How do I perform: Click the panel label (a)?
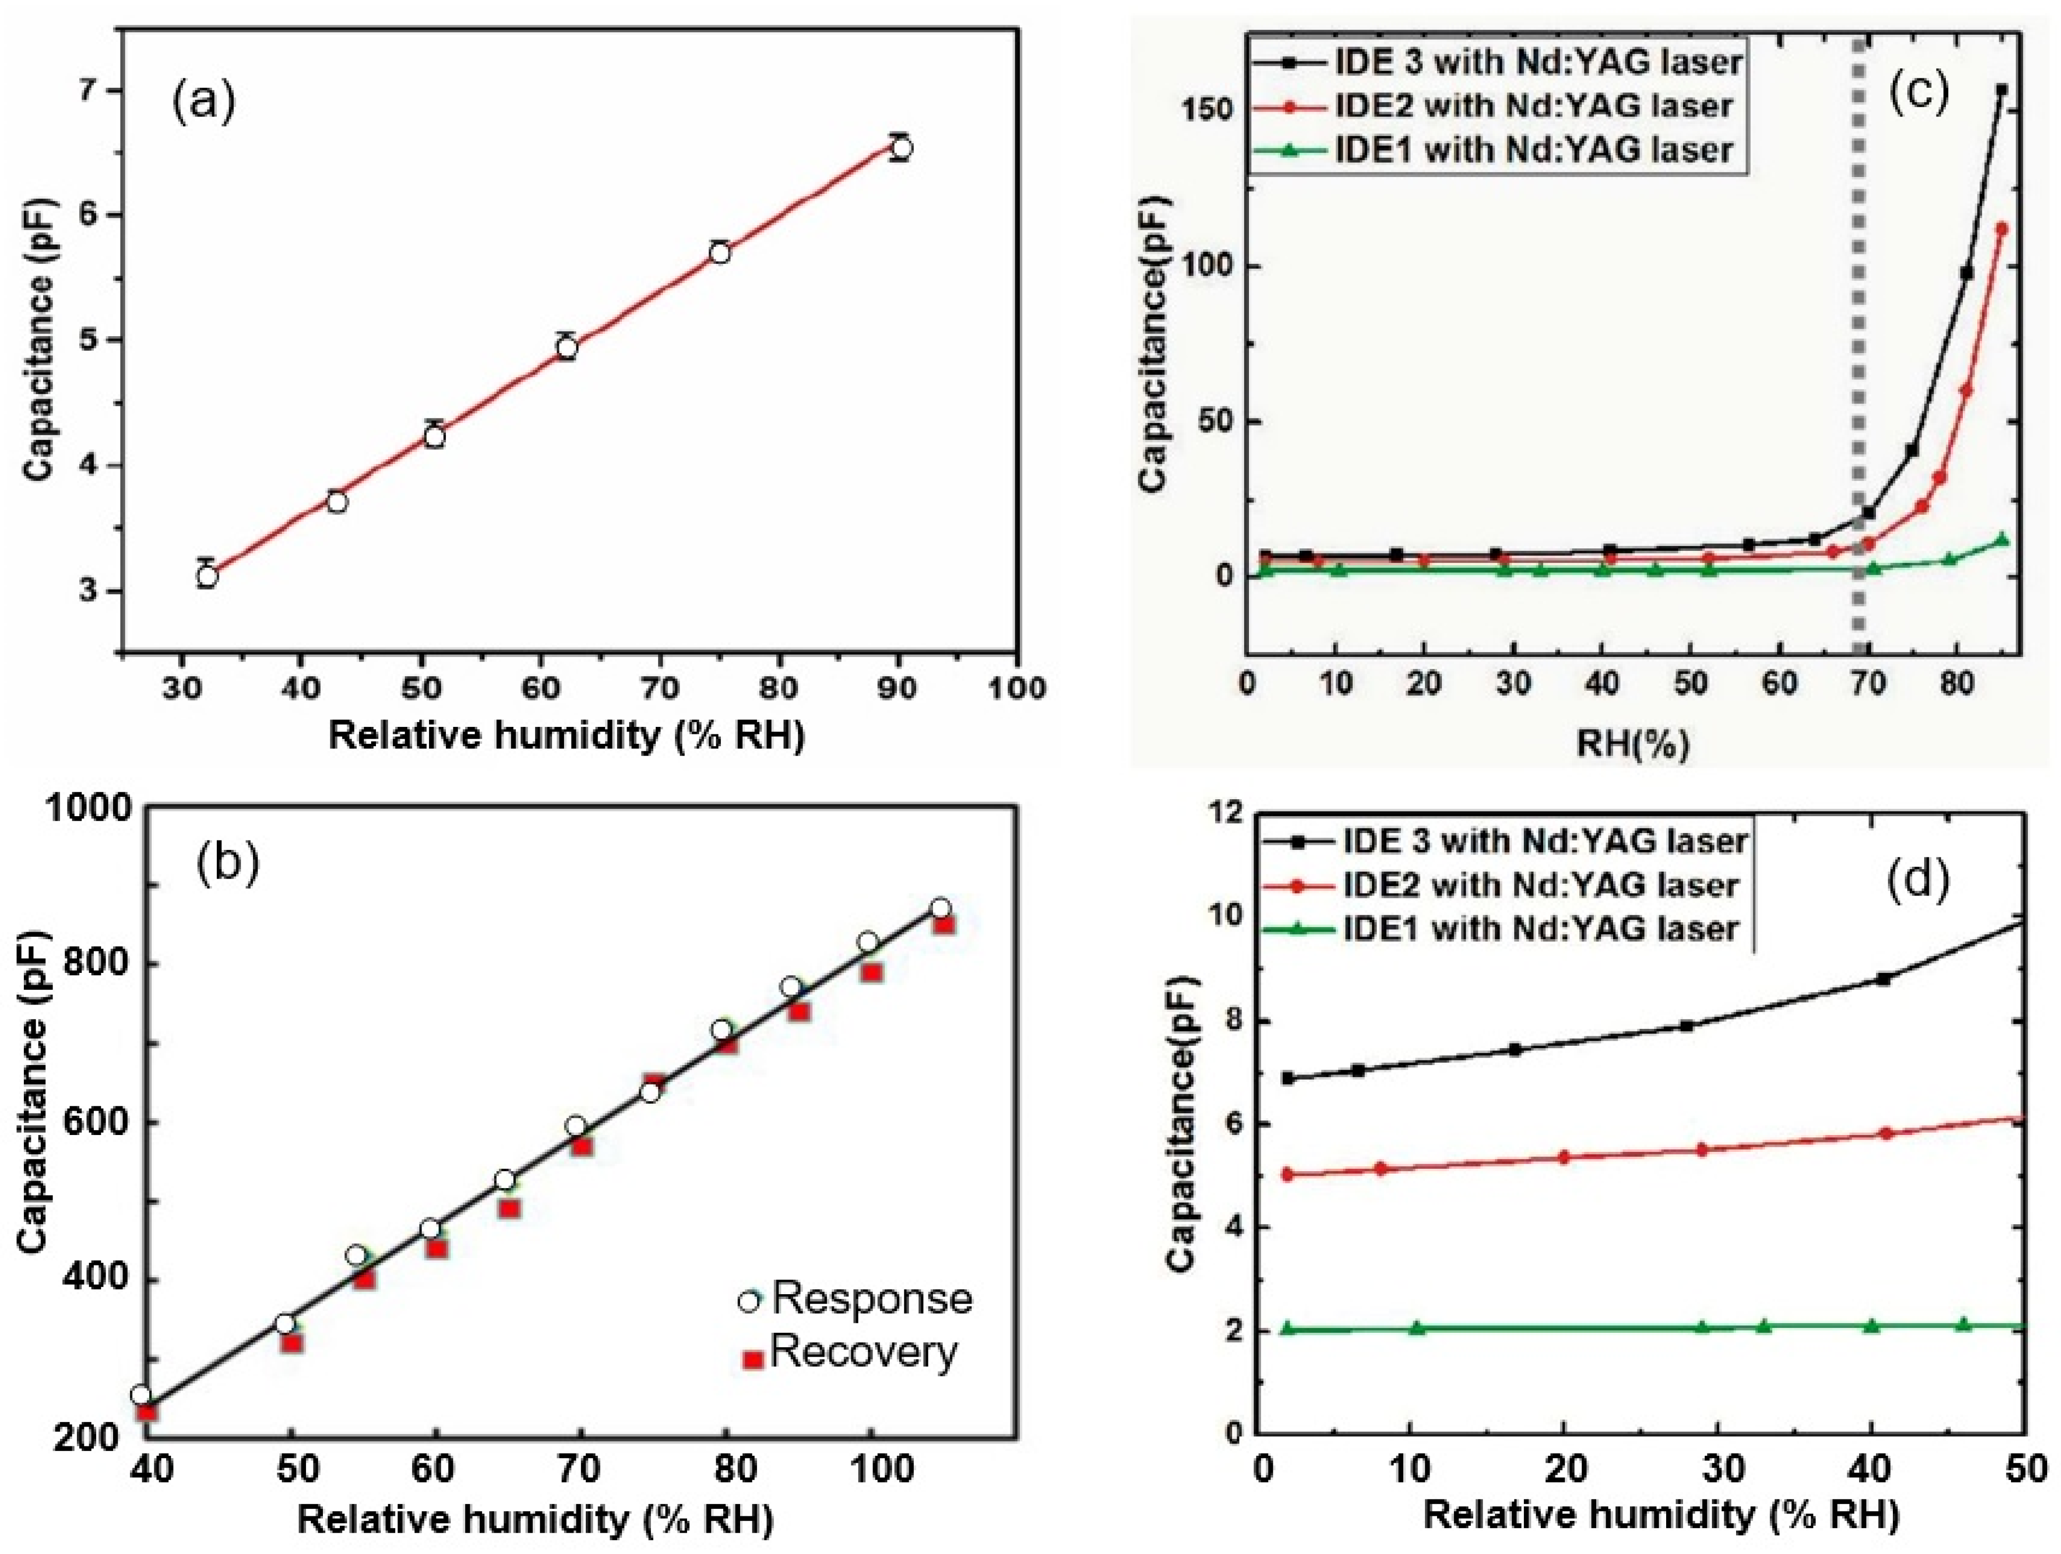[203, 101]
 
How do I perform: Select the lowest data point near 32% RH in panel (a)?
[207, 577]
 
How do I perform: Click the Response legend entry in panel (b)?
[855, 1299]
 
